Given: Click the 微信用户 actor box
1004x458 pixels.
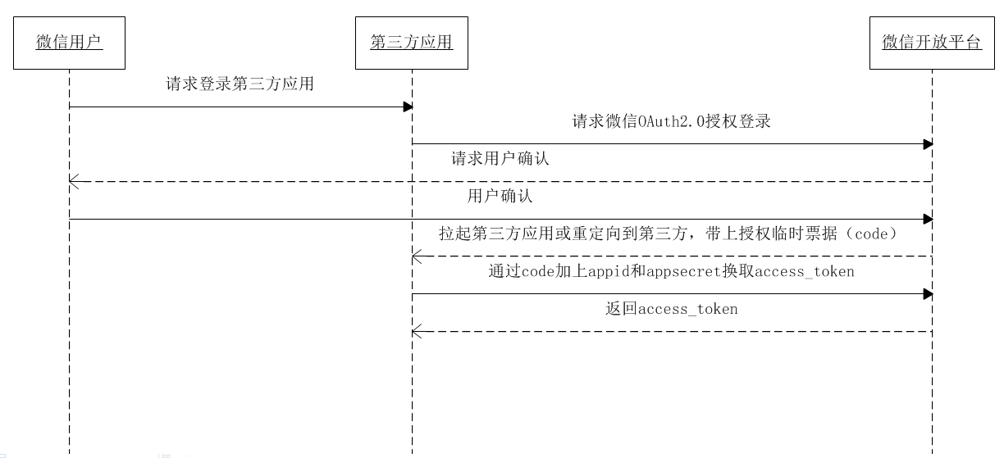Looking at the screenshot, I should (x=69, y=43).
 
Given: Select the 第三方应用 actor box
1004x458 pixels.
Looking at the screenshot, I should (x=411, y=43).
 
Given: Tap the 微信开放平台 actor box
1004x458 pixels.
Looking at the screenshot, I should (x=931, y=43).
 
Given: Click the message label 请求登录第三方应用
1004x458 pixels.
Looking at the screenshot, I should (x=240, y=84).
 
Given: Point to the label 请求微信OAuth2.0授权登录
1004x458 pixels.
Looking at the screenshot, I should (x=671, y=122).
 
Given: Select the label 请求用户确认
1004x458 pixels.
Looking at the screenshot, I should (x=500, y=159).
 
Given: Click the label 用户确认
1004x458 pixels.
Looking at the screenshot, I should (x=500, y=197).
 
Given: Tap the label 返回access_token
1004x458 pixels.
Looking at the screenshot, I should (x=671, y=309).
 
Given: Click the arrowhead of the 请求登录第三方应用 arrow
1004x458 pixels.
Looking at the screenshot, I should (x=407, y=107).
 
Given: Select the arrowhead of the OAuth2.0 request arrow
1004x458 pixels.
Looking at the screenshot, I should (x=928, y=144).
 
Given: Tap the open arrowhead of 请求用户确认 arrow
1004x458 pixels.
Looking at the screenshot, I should (x=74, y=182).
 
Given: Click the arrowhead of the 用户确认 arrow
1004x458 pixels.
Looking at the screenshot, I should (x=928, y=219).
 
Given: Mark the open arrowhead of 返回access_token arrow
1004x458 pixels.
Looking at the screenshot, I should (x=417, y=331).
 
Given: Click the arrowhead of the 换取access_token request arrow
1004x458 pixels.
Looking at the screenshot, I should (x=928, y=293).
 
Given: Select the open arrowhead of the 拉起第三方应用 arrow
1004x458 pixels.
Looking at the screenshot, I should (x=417, y=256).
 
